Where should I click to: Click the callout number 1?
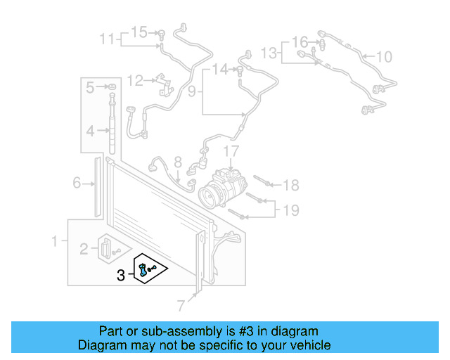pyautogui.click(x=54, y=242)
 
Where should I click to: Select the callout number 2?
pyautogui.click(x=83, y=247)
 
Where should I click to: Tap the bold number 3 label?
pyautogui.click(x=121, y=276)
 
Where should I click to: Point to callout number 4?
pyautogui.click(x=90, y=131)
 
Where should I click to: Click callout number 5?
pyautogui.click(x=90, y=88)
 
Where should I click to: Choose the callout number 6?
pyautogui.click(x=77, y=184)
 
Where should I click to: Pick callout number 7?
pyautogui.click(x=181, y=305)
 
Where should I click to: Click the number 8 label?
pyautogui.click(x=178, y=162)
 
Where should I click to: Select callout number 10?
pyautogui.click(x=385, y=57)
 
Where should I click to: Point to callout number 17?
pyautogui.click(x=231, y=151)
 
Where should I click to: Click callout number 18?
pyautogui.click(x=291, y=185)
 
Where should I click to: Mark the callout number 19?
pyautogui.click(x=291, y=209)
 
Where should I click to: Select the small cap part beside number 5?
pyautogui.click(x=111, y=87)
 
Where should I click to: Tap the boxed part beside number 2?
pyautogui.click(x=107, y=247)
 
